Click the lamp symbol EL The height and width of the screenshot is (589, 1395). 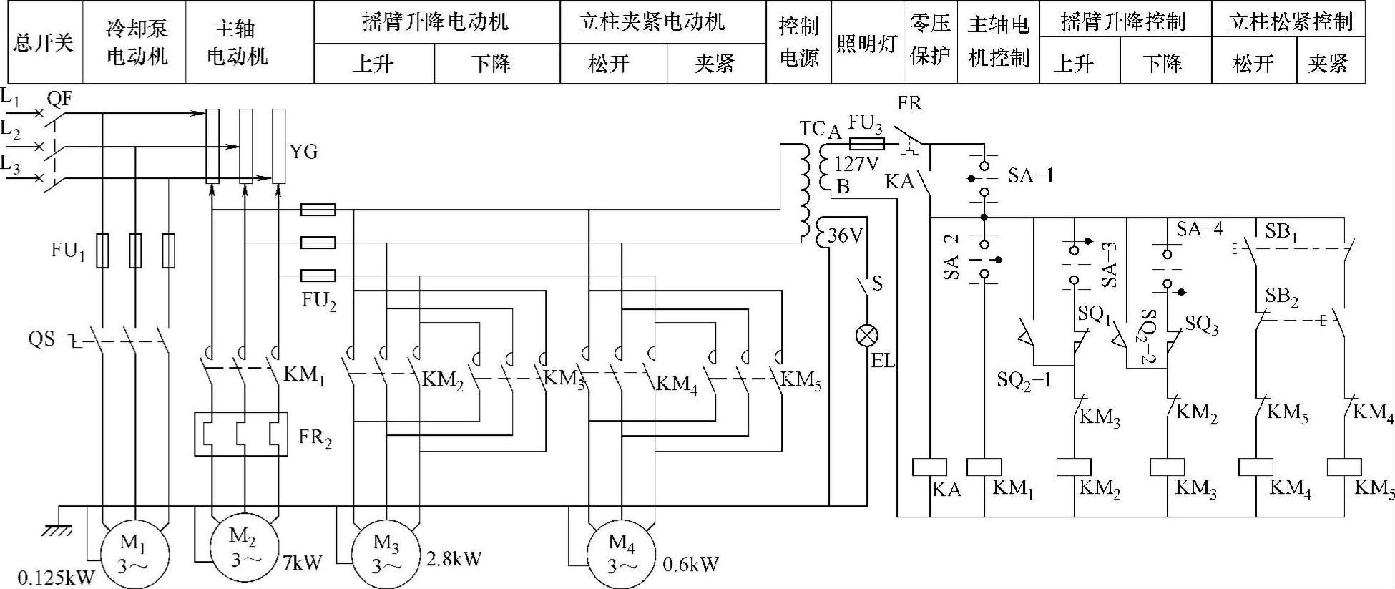867,335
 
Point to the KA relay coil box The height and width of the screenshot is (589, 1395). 929,467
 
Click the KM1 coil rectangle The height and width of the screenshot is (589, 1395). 984,467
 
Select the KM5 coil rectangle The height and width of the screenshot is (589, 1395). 1343,467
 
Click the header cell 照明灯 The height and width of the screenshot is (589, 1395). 866,43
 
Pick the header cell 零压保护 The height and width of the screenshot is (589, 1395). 930,42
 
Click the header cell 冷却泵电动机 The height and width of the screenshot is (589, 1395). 136,43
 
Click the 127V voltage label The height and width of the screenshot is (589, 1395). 856,164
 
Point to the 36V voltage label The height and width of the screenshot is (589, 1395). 846,235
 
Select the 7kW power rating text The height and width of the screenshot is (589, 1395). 303,562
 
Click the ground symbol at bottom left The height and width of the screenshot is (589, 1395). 57,529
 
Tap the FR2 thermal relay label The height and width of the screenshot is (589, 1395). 315,437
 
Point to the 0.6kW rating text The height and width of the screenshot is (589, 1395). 690,565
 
